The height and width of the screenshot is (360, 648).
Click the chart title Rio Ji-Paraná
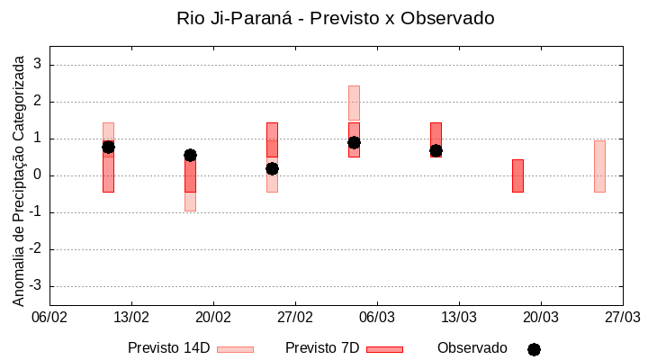coord(335,18)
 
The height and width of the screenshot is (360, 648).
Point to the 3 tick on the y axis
coord(38,65)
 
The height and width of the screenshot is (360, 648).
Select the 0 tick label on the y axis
coord(38,175)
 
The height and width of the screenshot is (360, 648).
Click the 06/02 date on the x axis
coord(50,318)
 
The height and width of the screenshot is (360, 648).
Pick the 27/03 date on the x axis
coord(622,318)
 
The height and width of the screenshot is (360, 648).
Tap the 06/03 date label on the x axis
coord(377,318)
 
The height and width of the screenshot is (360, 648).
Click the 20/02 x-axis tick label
coord(213,318)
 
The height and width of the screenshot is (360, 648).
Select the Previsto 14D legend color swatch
coord(235,349)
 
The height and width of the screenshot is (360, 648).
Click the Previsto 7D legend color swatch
coord(384,349)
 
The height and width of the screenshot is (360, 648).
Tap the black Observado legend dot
coord(534,349)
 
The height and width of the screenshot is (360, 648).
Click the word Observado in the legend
coord(472,348)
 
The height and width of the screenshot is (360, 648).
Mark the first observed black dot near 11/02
coord(108,147)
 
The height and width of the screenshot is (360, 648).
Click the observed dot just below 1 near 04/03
coord(354,142)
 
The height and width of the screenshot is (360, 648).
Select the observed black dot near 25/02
coord(272,168)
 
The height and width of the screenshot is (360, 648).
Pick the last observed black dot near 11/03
coord(436,150)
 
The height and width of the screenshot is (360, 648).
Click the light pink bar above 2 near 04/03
coord(354,102)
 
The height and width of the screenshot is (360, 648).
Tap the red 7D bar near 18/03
coord(517,175)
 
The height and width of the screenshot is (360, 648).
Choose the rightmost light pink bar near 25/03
coord(599,166)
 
